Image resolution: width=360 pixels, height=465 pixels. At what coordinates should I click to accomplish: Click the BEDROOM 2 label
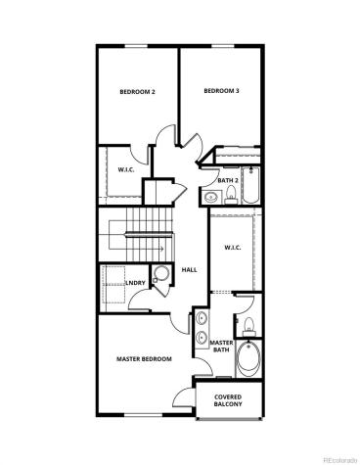[x=138, y=92]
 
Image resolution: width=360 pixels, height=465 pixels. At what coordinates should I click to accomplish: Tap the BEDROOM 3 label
[x=221, y=91]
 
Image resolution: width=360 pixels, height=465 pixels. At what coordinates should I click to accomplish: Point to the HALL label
[x=190, y=268]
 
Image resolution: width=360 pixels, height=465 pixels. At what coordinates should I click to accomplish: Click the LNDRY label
[x=136, y=284]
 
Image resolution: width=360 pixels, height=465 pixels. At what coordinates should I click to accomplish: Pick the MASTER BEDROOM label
[x=144, y=359]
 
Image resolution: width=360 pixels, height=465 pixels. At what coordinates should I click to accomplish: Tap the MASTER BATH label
[x=222, y=347]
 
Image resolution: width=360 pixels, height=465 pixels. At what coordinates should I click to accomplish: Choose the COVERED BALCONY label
[x=228, y=401]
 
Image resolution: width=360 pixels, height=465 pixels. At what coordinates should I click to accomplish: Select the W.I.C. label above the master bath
[x=232, y=247]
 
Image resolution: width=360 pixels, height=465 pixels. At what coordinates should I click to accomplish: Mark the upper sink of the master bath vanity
[x=200, y=318]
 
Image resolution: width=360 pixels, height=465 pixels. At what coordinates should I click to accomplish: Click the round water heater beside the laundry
[x=159, y=275]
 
